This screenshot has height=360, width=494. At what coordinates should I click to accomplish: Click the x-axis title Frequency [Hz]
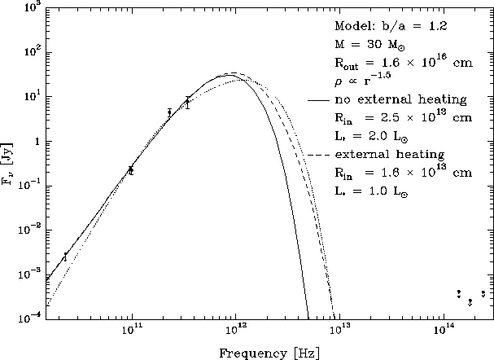(x=269, y=353)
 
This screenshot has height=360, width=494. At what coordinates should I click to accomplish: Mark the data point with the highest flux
(x=187, y=102)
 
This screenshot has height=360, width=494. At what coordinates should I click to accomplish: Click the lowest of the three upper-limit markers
(x=470, y=301)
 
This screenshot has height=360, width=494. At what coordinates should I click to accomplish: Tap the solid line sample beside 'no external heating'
(x=318, y=100)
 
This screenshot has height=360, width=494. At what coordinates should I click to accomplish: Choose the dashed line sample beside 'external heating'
(x=318, y=153)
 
